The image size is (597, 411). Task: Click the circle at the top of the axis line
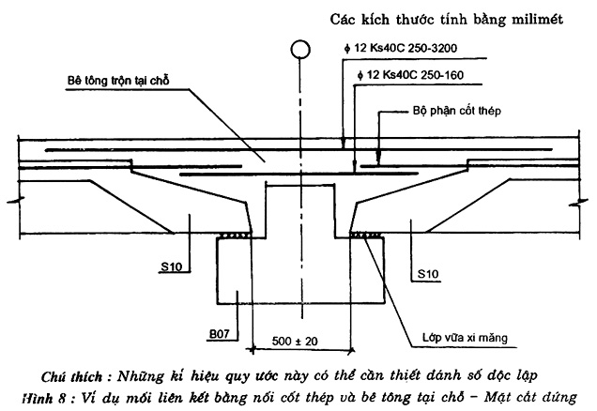pos(299,49)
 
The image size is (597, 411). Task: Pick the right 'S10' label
pos(425,274)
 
